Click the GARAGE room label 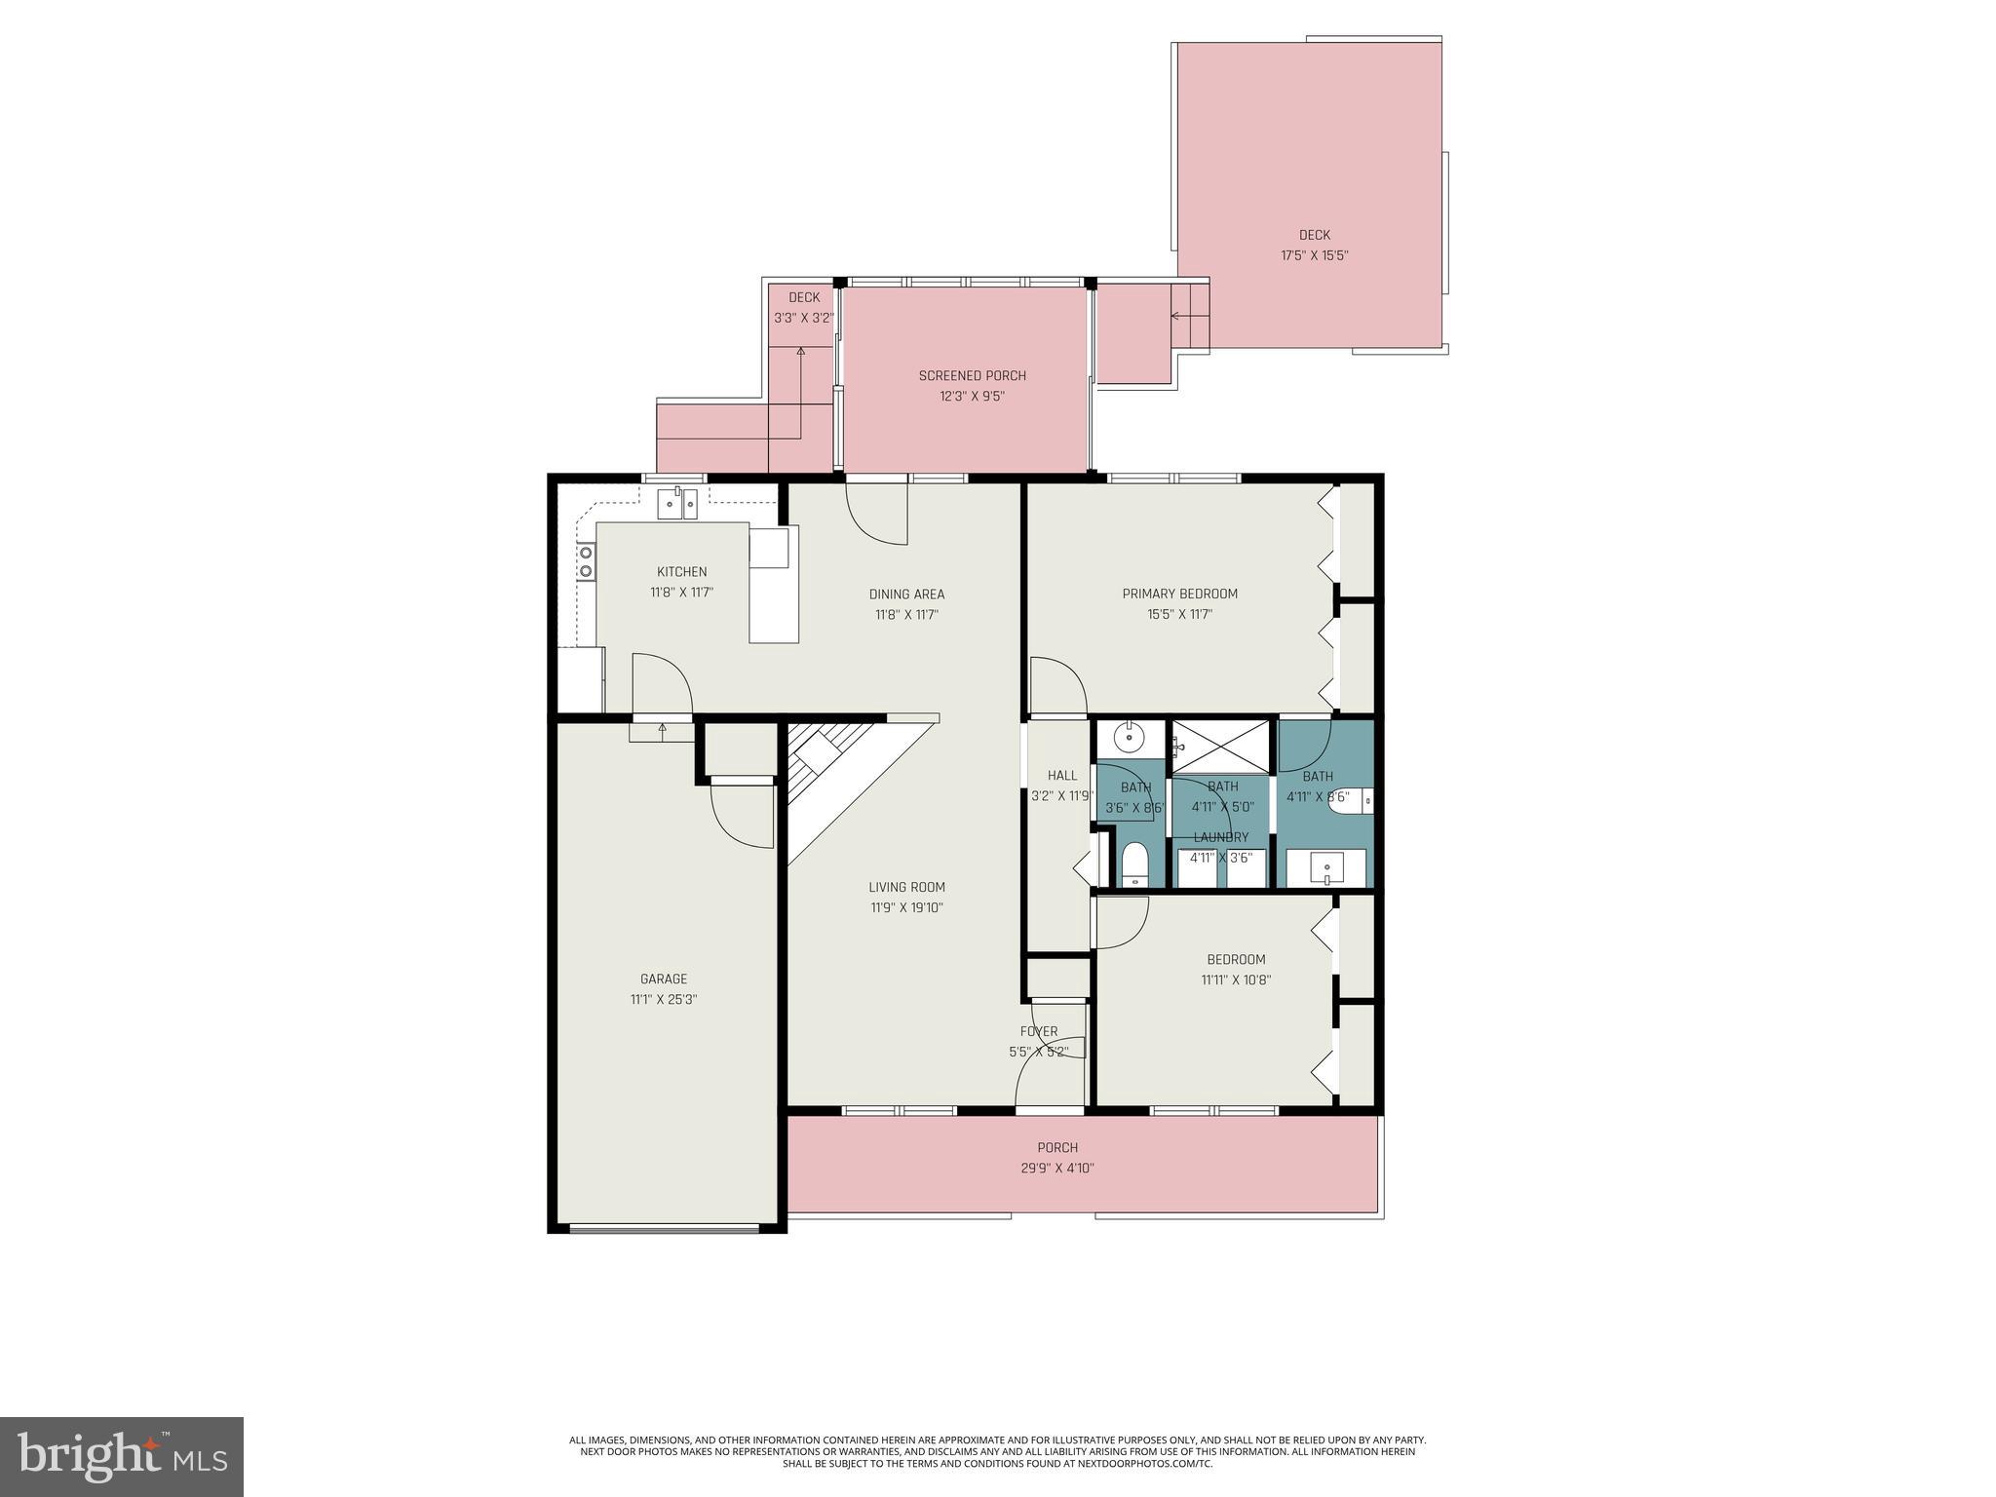point(663,979)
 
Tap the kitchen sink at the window point(677,504)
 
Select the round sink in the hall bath point(1130,738)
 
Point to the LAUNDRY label point(1220,837)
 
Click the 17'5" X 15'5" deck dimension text point(1314,255)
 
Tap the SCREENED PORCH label point(972,375)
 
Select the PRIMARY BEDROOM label point(1179,594)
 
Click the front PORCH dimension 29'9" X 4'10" point(1056,1168)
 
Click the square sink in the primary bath point(1326,866)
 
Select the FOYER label point(1039,1031)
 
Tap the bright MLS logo point(121,1456)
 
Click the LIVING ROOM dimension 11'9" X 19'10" point(906,907)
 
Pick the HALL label point(1062,775)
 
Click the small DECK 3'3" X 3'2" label point(804,297)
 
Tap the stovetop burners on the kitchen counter point(587,561)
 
